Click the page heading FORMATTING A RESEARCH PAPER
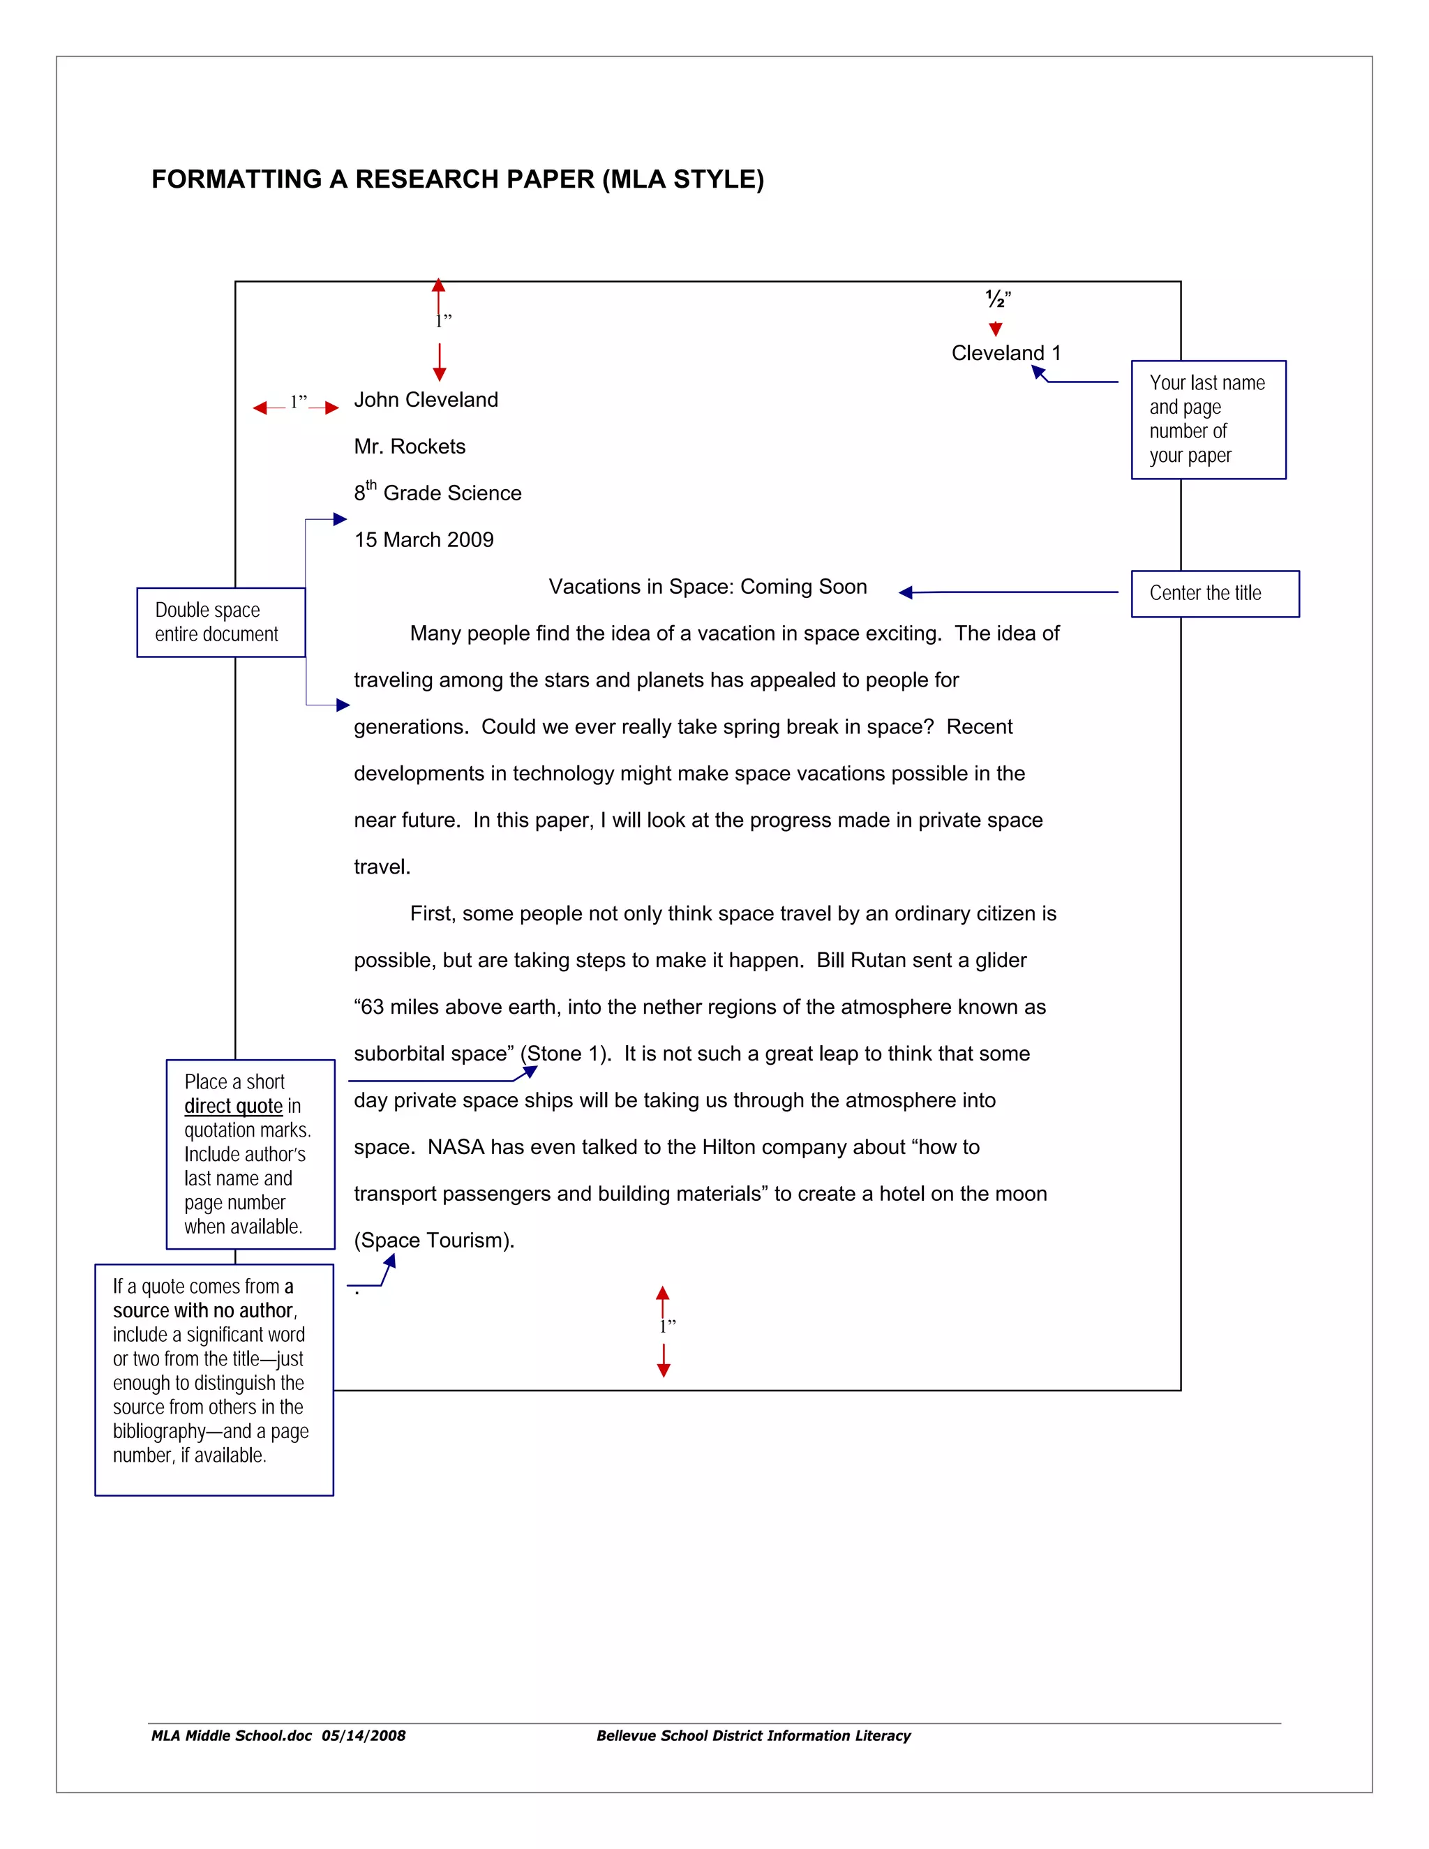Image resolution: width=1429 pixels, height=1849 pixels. pos(457,179)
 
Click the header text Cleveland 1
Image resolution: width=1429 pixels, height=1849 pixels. pos(1005,353)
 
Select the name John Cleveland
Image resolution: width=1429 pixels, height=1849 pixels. pos(426,400)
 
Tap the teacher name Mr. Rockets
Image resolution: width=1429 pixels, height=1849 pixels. pos(410,446)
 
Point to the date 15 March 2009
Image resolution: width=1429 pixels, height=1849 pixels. pos(424,540)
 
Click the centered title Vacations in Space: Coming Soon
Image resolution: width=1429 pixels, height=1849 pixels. pos(708,587)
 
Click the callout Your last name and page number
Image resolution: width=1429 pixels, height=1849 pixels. pos(1207,419)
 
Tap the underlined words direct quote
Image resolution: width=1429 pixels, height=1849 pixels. pos(234,1106)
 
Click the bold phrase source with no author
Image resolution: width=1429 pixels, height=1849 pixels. pos(203,1310)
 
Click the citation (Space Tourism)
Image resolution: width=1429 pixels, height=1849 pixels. pos(434,1241)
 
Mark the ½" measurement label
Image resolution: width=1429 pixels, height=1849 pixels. pos(998,299)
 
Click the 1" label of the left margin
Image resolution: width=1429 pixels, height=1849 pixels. pos(298,402)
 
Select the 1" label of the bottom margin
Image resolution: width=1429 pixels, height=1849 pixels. pos(667,1326)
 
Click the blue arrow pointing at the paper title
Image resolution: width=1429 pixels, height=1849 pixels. pos(1008,592)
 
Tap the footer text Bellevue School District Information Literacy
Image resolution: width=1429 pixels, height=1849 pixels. pos(754,1735)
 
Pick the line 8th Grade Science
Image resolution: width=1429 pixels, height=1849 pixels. pos(437,493)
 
